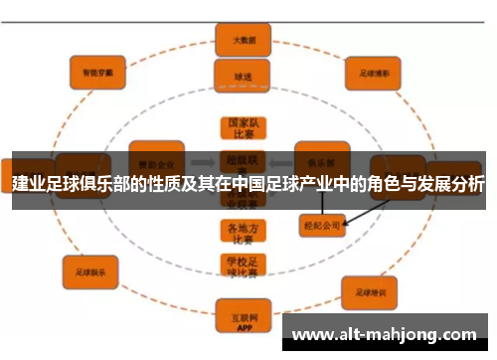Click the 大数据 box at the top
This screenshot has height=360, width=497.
[236, 41]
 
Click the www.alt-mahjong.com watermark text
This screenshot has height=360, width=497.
[387, 334]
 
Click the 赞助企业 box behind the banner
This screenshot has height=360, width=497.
[156, 159]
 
